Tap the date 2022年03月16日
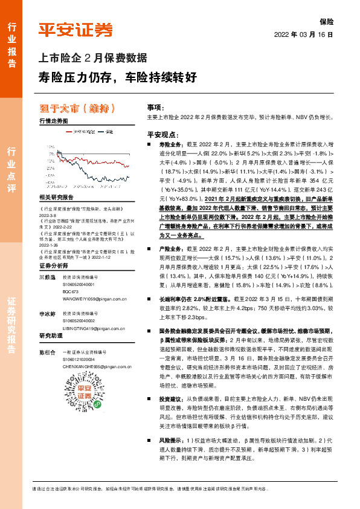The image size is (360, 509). click(x=304, y=36)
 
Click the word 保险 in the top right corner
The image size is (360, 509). click(x=326, y=21)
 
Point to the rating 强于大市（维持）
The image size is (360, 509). click(x=76, y=109)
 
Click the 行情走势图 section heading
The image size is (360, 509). click(x=53, y=121)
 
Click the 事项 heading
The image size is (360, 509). click(x=155, y=106)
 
